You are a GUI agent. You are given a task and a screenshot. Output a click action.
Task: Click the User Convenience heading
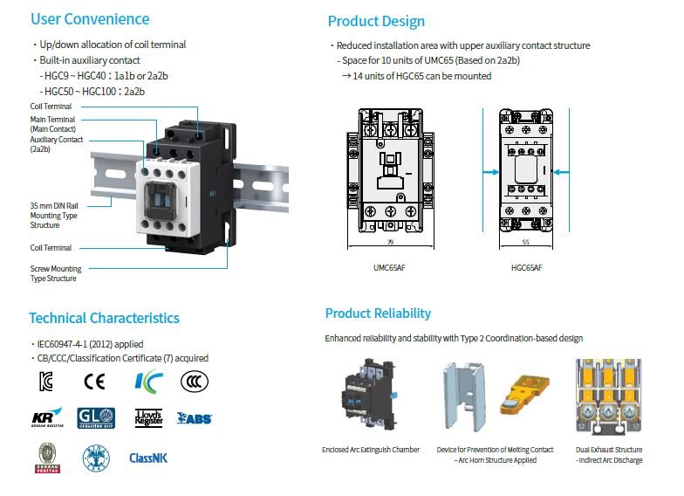pos(89,19)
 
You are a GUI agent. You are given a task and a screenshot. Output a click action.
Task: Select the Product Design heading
pos(376,21)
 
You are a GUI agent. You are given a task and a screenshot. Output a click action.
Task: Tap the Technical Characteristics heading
pos(104,318)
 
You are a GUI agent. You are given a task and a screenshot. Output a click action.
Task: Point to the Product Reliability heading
pos(378,313)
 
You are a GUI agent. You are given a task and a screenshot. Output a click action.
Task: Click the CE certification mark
pos(93,381)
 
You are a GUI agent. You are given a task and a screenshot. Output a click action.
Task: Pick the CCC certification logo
pos(194,381)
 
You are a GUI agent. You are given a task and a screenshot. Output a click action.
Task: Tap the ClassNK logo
pos(147,458)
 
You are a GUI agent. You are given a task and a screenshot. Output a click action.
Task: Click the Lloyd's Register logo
pos(148,417)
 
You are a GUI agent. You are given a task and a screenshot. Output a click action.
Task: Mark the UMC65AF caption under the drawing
pos(389,267)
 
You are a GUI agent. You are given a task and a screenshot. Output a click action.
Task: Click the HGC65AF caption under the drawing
pos(526,267)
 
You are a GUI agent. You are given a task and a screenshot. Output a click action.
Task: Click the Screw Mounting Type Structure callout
pos(56,274)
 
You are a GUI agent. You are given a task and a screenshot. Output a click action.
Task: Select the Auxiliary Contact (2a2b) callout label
pos(57,144)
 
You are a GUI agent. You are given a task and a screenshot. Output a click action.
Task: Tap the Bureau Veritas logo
pos(47,458)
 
